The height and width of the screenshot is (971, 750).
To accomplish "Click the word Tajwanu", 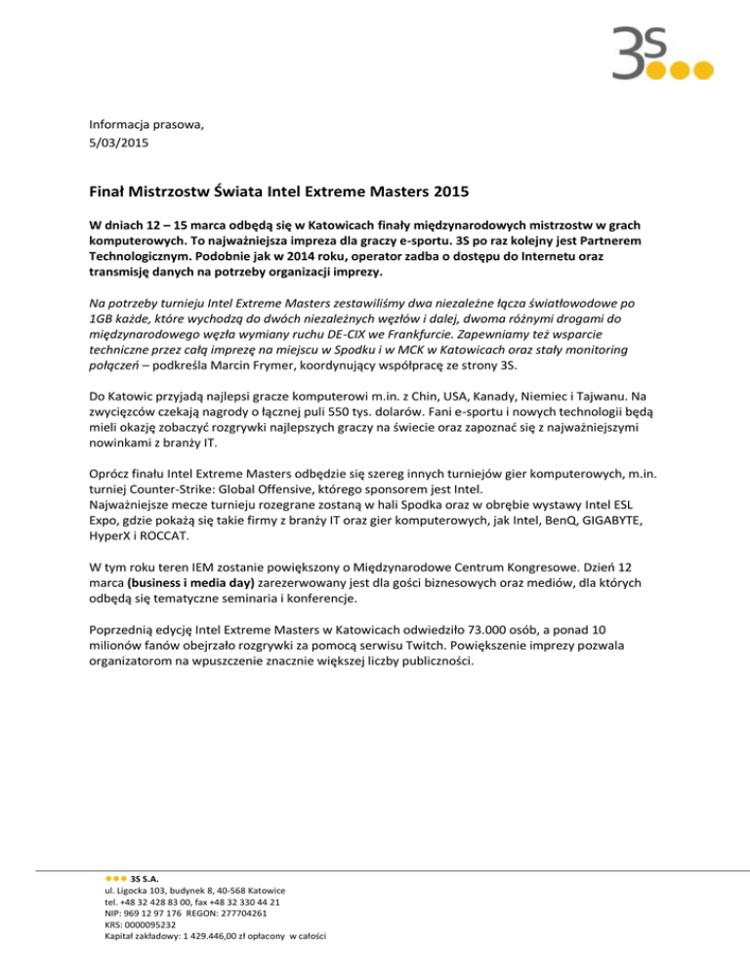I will pyautogui.click(x=625, y=397).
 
